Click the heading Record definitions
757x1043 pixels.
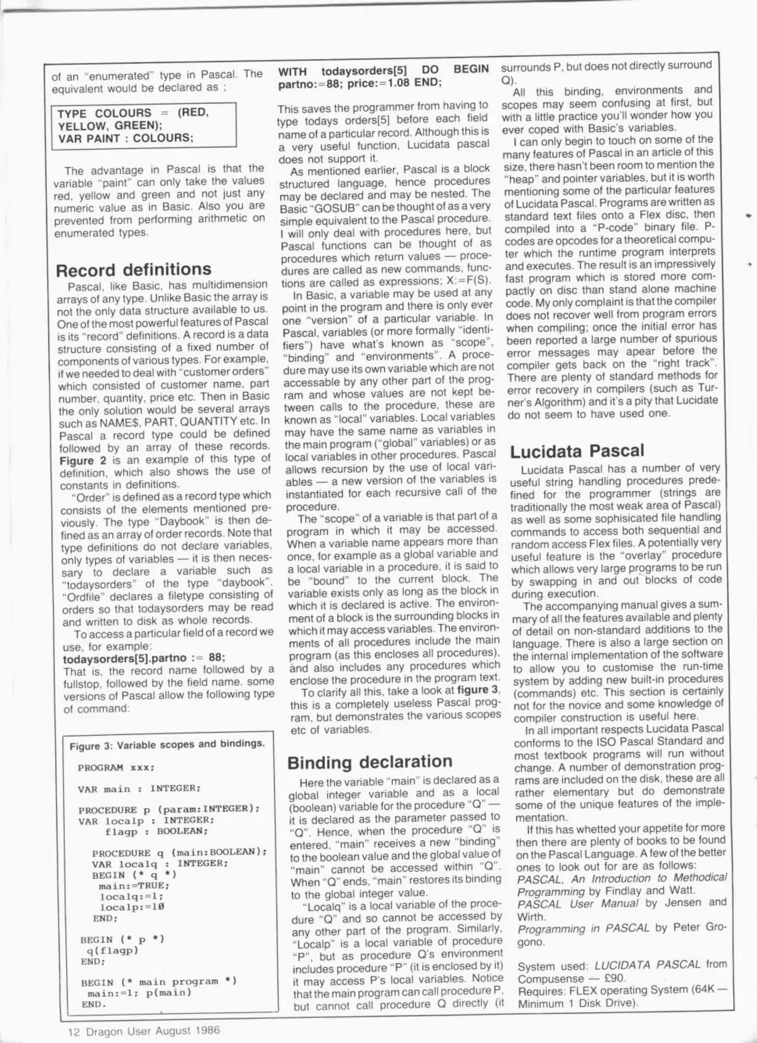coord(133,269)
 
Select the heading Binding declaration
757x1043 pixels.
coord(370,762)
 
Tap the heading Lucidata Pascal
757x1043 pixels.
coord(577,451)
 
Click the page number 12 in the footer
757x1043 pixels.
coord(73,1031)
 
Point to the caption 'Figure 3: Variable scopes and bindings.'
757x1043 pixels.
coord(167,744)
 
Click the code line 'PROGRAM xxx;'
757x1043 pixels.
coord(116,767)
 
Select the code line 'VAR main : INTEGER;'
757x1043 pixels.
coord(139,789)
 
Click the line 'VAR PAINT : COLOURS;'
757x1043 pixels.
coord(125,138)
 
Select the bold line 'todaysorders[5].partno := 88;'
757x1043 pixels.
coord(144,658)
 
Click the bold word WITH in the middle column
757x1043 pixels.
coord(292,71)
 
